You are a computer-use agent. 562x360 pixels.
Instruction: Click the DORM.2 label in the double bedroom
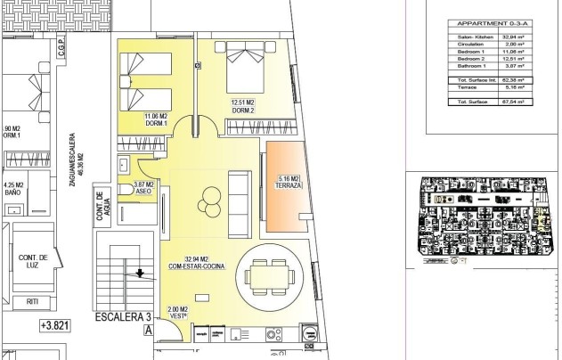click(243, 109)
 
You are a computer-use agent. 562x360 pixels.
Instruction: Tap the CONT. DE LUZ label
click(33, 260)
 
